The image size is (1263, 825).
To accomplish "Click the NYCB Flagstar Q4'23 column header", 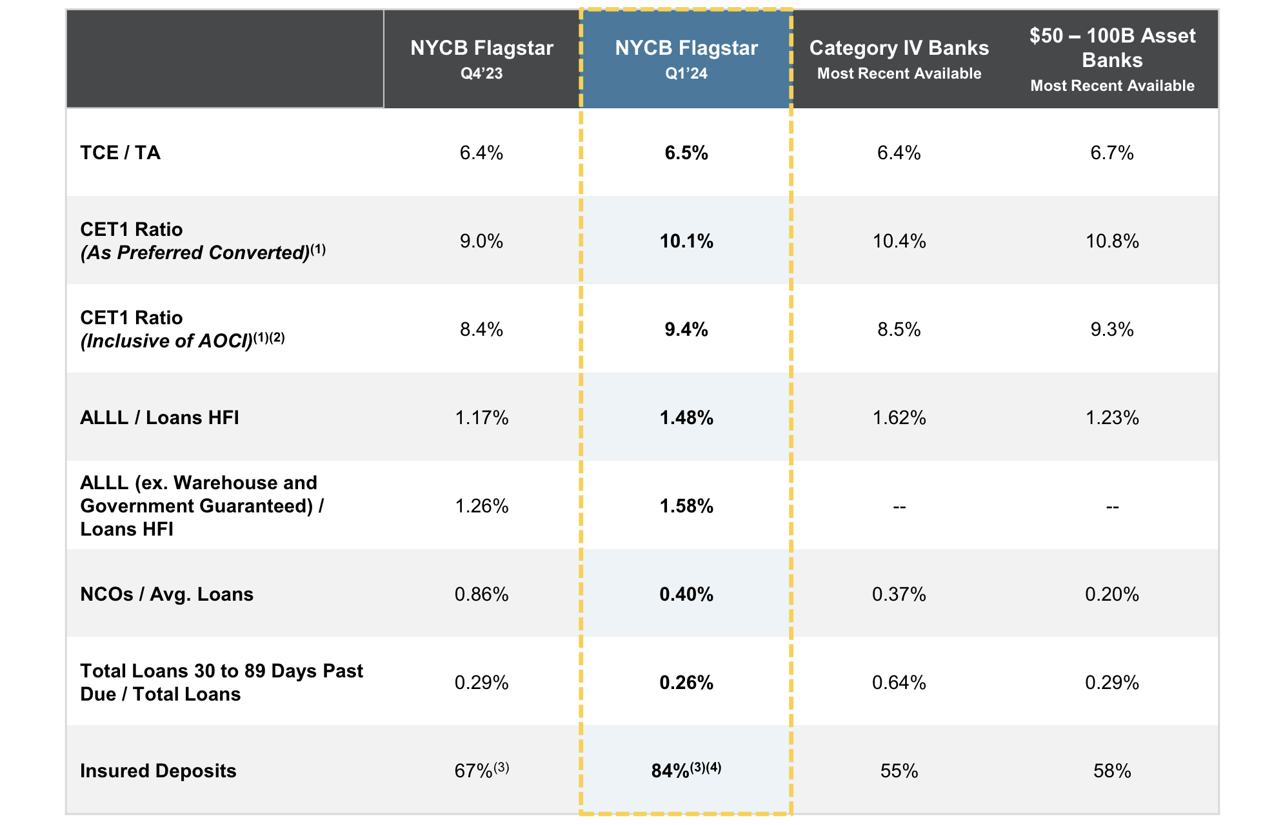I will click(482, 58).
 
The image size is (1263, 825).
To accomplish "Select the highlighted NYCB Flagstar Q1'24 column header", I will click(686, 58).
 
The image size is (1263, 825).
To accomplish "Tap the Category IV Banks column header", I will click(899, 58).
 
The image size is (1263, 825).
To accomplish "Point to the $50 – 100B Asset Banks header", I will click(1112, 58).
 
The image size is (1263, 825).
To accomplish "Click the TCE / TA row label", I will click(120, 153).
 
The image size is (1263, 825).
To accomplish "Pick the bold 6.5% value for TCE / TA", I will click(686, 153).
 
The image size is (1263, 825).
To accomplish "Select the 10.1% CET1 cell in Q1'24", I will click(686, 241).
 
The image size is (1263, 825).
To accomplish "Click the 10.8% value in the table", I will click(1112, 241).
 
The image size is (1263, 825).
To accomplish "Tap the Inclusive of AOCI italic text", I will click(166, 341).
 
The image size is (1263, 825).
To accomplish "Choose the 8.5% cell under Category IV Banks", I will click(899, 329).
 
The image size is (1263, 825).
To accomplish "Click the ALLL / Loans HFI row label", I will click(159, 418).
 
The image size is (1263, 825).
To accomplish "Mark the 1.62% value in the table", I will click(899, 418).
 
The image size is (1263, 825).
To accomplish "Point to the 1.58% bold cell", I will click(686, 506).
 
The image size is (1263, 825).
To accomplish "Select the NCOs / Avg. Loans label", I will click(166, 594).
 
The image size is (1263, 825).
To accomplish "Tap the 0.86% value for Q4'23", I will click(482, 594).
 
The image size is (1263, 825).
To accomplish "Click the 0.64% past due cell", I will click(899, 683).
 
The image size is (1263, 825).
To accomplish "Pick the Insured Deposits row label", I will click(158, 771).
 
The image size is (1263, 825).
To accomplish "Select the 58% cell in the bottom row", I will click(1112, 771).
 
